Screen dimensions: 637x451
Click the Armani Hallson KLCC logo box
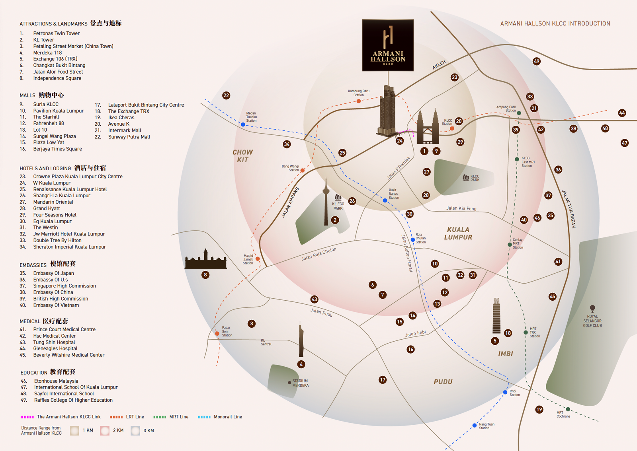click(x=388, y=45)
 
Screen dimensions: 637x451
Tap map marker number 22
click(x=226, y=95)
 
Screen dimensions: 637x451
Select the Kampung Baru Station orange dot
click(x=359, y=101)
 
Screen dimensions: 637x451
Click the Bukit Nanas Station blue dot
click(x=385, y=200)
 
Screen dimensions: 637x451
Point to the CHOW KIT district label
click(x=242, y=156)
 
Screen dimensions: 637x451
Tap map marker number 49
click(x=536, y=61)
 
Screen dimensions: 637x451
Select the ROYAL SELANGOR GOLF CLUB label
click(x=592, y=321)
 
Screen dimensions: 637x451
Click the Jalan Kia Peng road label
click(x=461, y=208)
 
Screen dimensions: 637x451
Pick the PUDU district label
click(x=443, y=382)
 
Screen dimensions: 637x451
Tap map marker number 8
click(x=205, y=275)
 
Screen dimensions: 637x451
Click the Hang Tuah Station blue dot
click(x=474, y=426)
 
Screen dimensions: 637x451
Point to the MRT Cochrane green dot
click(x=568, y=409)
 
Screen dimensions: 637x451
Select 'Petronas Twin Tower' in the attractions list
click(x=56, y=33)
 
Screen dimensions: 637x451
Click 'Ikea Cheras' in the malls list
click(x=121, y=118)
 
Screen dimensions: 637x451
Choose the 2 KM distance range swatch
click(x=105, y=431)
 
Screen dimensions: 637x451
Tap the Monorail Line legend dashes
click(x=204, y=417)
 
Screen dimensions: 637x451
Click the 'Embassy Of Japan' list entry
click(x=53, y=273)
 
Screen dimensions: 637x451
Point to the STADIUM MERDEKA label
click(x=300, y=383)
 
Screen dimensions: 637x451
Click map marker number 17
click(x=383, y=380)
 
